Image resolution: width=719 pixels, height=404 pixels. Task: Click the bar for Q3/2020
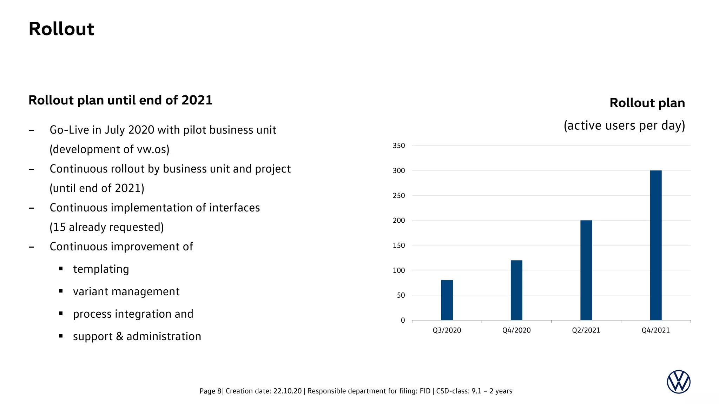[x=447, y=300]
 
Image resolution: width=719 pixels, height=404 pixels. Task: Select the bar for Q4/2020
[x=516, y=290]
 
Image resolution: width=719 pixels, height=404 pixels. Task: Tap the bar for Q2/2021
[x=586, y=270]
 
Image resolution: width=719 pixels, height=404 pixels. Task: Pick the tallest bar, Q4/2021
[x=655, y=245]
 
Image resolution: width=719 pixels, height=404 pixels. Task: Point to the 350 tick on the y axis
[x=398, y=146]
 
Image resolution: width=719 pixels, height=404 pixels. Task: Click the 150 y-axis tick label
[x=398, y=245]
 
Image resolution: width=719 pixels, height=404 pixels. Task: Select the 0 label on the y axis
[x=403, y=320]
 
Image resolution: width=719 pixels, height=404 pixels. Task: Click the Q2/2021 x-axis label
[x=586, y=330]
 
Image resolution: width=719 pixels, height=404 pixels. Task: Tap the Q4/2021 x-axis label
[x=655, y=330]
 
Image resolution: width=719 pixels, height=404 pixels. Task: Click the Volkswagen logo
[x=678, y=382]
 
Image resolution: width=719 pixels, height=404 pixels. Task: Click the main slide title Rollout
[x=61, y=29]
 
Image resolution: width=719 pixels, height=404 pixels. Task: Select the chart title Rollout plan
[x=647, y=103]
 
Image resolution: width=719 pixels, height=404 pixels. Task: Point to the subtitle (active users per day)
[x=624, y=126]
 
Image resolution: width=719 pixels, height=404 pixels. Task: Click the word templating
[x=101, y=269]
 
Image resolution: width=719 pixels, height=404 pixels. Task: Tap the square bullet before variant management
[x=61, y=291]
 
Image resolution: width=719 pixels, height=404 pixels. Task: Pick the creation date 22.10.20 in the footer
[x=287, y=391]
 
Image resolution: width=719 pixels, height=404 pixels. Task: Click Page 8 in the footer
[x=210, y=391]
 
